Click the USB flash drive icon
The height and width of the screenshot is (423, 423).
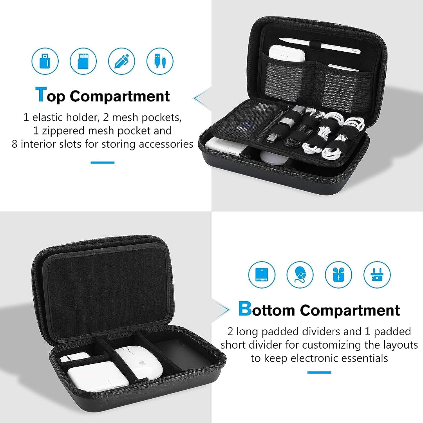[45, 61]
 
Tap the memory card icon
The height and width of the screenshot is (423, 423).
[83, 61]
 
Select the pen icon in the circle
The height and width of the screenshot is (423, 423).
[121, 61]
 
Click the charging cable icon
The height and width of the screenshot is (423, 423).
[160, 61]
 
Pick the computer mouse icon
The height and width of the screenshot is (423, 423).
[300, 275]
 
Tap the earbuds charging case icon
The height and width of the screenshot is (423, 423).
[338, 275]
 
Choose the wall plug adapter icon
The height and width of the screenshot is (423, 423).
[377, 275]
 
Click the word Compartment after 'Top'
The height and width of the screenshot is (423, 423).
[120, 96]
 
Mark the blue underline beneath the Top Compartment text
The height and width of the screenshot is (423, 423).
[103, 162]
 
